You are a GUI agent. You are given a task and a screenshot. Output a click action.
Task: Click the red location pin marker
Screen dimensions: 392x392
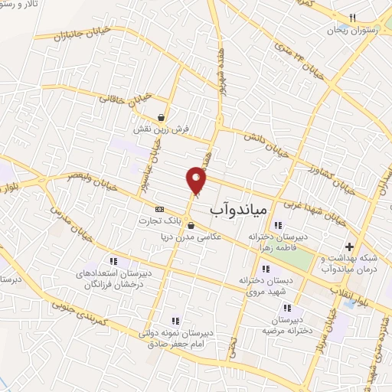(197, 179)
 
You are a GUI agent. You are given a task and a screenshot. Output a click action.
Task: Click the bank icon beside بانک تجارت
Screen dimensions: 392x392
(159, 209)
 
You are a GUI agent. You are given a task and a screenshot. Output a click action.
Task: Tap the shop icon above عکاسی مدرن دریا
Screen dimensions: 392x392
(191, 226)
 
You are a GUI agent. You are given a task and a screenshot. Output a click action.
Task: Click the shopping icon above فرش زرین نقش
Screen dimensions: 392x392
(162, 117)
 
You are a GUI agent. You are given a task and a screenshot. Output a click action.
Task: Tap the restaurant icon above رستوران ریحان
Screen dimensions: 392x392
(353, 18)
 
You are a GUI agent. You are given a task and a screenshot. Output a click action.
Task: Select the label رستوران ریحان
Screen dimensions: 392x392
(348, 30)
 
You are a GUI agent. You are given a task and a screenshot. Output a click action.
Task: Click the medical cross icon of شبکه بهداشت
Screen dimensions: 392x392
(350, 247)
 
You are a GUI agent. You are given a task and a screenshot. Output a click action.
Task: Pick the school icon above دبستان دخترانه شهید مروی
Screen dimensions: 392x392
(266, 269)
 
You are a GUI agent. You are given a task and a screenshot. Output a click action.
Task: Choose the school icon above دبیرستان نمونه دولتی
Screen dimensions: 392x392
(175, 321)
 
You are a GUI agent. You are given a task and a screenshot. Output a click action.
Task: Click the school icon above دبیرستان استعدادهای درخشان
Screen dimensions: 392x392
(113, 261)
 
